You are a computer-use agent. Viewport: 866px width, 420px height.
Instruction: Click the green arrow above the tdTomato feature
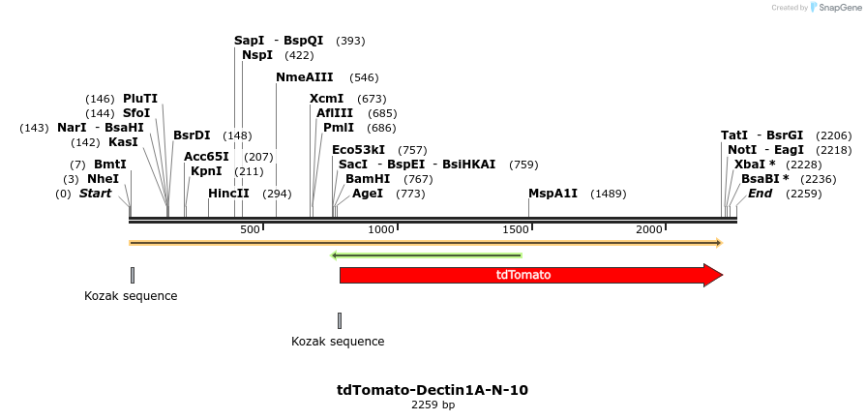coord(427,255)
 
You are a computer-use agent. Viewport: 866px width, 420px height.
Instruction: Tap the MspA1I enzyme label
coord(552,194)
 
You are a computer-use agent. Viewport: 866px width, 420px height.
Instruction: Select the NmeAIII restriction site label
coord(304,77)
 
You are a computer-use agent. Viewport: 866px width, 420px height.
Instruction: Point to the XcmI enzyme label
coord(326,99)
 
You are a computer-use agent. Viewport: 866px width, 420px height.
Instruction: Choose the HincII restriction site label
coord(228,194)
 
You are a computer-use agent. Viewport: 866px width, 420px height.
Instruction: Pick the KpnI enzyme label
coord(206,171)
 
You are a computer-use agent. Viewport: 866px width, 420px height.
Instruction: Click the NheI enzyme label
coord(103,179)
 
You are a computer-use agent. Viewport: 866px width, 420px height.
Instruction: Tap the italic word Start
coord(95,194)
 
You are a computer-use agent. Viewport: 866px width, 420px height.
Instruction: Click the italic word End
coord(760,194)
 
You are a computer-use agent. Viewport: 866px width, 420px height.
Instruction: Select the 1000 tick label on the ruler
coord(381,229)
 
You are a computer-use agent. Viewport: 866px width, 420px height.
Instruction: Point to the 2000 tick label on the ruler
coord(648,229)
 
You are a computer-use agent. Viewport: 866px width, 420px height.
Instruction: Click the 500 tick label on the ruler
coord(250,229)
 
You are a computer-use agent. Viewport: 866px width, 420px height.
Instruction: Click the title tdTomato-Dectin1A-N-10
coord(433,390)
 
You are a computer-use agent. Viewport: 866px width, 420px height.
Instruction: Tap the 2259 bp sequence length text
coord(433,405)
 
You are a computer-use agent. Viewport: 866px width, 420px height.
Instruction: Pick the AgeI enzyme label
coord(368,194)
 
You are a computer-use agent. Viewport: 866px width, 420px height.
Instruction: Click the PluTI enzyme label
coord(140,99)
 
